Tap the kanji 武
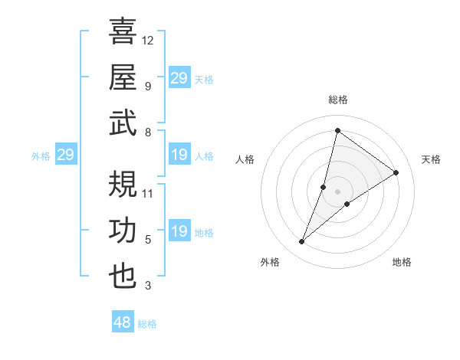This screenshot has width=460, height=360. [123, 122]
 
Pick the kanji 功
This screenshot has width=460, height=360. [123, 231]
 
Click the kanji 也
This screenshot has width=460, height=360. [123, 277]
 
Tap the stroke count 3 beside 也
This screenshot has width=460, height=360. [148, 286]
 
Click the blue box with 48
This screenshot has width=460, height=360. [123, 322]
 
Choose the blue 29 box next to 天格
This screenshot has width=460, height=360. [179, 78]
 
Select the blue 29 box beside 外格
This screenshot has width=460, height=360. [65, 155]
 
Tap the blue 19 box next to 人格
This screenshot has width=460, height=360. [179, 155]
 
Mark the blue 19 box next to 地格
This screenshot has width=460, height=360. [179, 232]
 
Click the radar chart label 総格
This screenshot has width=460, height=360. [337, 100]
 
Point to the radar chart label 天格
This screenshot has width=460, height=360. [432, 159]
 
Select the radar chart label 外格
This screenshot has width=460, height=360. [270, 262]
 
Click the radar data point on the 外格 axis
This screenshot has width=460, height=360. [302, 242]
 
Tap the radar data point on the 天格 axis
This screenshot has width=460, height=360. [396, 172]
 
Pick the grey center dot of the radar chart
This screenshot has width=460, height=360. [337, 191]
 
